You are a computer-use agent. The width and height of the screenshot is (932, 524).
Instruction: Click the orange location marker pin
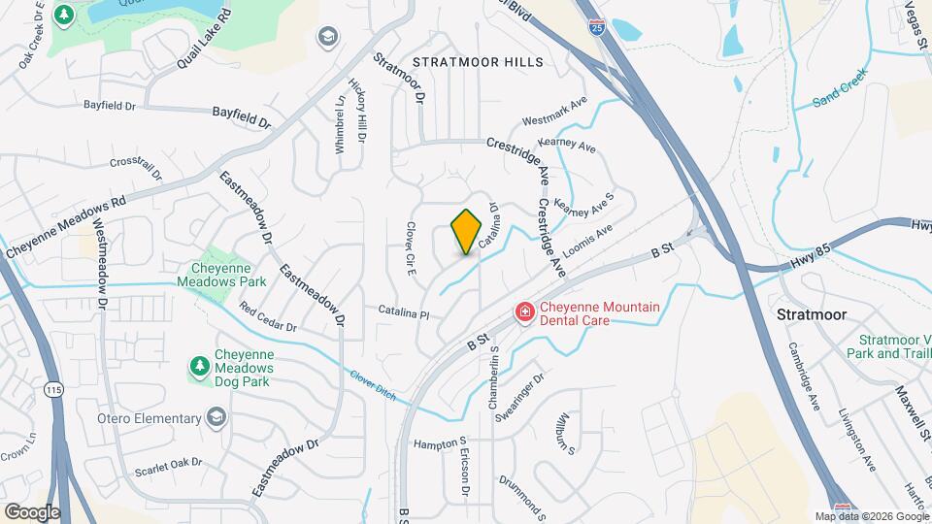tap(467, 232)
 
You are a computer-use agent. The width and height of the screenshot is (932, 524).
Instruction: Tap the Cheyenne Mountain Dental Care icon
tap(523, 311)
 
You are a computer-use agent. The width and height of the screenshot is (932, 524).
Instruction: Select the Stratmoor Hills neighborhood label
tap(478, 62)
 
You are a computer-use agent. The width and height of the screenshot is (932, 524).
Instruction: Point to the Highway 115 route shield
tap(51, 388)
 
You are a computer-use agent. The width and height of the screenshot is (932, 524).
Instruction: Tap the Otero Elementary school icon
tap(216, 417)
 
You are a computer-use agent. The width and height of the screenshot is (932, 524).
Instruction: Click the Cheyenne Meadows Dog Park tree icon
tap(199, 366)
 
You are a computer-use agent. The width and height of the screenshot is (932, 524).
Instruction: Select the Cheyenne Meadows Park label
tap(208, 275)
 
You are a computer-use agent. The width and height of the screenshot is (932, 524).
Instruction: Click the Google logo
tap(32, 511)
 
